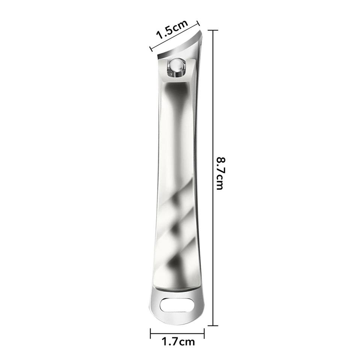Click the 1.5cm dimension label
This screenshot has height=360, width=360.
tap(172, 29)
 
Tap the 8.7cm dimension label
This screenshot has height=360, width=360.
tap(221, 173)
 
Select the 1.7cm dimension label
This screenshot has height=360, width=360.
tap(178, 342)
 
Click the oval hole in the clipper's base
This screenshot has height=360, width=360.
tap(176, 304)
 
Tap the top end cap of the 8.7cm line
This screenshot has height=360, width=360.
tap(213, 30)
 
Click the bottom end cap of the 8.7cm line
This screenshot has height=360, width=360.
tap(213, 325)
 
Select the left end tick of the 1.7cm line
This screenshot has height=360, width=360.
tap(151, 333)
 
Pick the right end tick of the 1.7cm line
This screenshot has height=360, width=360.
tap(204, 333)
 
